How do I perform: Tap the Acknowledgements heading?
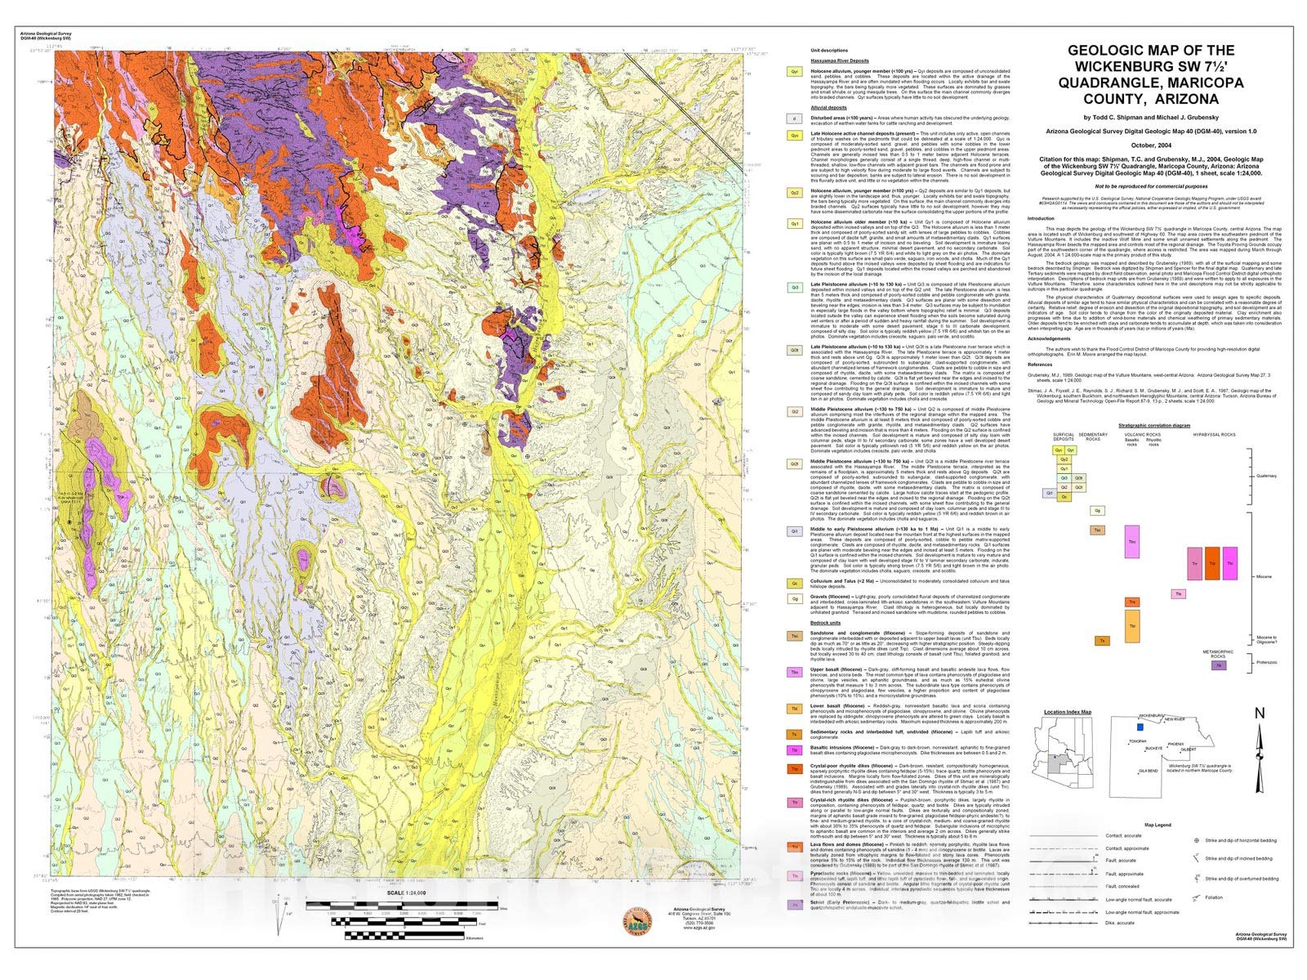tap(1049, 338)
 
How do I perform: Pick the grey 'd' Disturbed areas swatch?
tap(793, 119)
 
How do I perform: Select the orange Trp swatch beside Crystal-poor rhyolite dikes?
tap(793, 769)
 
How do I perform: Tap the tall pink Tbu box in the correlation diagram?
tap(1131, 542)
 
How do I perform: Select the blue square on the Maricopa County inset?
tap(1139, 726)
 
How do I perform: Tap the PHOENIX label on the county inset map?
tap(1175, 744)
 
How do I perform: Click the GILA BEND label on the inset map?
tap(1148, 770)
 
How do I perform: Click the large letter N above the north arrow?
tap(1259, 714)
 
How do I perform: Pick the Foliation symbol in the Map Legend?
tap(1198, 897)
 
